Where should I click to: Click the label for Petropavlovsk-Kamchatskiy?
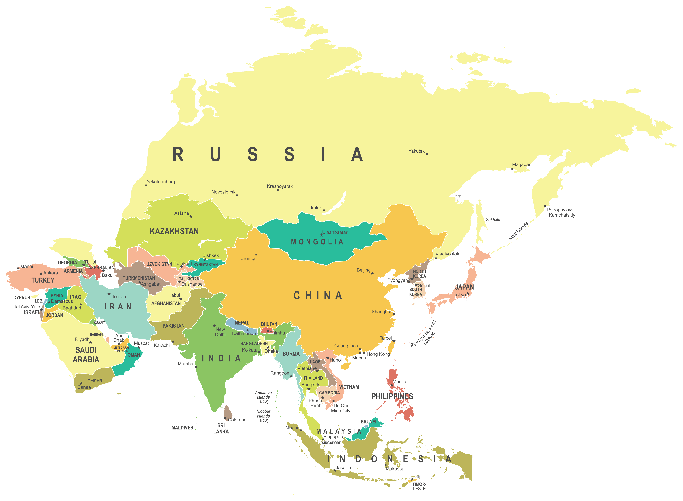562,212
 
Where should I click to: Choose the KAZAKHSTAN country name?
174,231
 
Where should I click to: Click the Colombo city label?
237,420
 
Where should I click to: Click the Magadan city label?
521,164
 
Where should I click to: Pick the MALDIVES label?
182,428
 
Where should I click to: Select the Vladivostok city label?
447,254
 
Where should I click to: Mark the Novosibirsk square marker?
237,195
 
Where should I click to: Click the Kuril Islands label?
518,231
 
